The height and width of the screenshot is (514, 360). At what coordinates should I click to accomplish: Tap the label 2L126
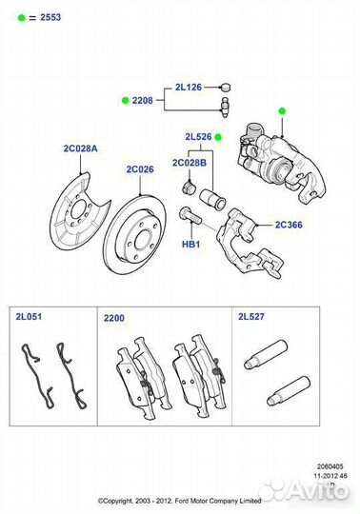pos(188,87)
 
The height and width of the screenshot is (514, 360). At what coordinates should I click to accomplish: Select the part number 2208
pos(142,99)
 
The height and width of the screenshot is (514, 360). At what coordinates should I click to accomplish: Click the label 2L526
pos(198,137)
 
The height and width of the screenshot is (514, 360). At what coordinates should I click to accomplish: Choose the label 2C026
pos(140,170)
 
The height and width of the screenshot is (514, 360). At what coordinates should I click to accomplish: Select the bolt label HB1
pos(191,245)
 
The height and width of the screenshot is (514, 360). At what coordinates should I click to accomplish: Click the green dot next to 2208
pos(123,99)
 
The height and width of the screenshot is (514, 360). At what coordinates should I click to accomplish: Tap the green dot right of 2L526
pos(218,137)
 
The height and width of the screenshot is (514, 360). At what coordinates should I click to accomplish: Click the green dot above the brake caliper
pos(282,111)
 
